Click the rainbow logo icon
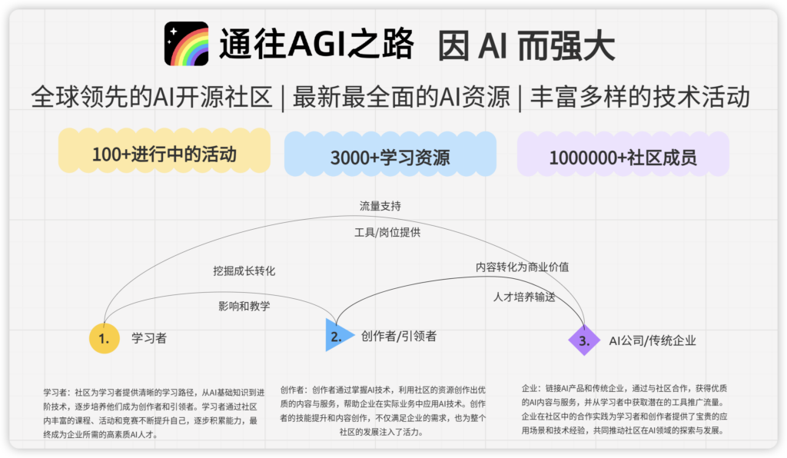[x=186, y=44]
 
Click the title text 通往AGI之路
[x=317, y=44]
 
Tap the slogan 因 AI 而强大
[x=526, y=45]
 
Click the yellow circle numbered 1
[x=105, y=339]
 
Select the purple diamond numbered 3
[x=584, y=340]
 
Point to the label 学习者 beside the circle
[x=149, y=338]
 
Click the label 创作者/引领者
[x=399, y=336]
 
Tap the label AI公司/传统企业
[x=653, y=341]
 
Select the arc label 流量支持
[x=380, y=206]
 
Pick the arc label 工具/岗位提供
[x=387, y=232]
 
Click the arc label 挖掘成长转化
[x=244, y=271]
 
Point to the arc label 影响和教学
[x=244, y=306]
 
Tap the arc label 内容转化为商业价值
[x=523, y=267]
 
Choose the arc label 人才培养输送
[x=524, y=297]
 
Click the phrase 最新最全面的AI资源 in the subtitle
[x=401, y=97]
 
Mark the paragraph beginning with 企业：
[x=624, y=410]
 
